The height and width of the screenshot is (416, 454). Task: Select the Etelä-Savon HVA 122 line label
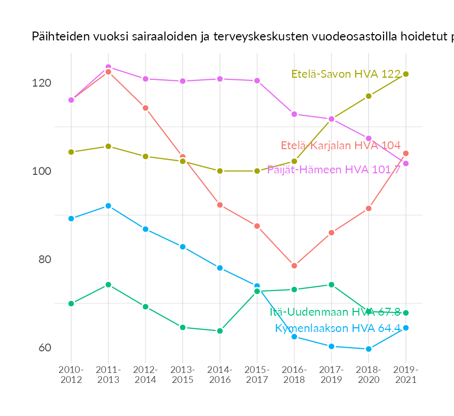(346, 74)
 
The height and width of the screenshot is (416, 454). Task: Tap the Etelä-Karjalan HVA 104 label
(340, 145)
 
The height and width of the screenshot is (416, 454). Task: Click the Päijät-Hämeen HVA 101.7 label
(334, 170)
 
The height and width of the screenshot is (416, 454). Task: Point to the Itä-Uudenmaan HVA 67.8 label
(335, 312)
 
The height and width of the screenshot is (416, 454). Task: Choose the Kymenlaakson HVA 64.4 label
(338, 328)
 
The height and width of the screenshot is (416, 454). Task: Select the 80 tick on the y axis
(45, 259)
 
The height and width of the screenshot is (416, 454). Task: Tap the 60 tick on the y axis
(45, 348)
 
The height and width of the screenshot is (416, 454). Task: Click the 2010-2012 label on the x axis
(71, 375)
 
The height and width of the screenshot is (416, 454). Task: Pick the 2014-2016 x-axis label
(220, 375)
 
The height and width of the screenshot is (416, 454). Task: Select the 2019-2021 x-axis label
(406, 375)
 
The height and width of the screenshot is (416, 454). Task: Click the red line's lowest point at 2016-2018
(294, 266)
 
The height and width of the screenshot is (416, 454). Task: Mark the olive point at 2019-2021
(406, 74)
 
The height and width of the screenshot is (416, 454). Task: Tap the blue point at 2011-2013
(108, 206)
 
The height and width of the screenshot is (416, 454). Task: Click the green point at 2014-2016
(220, 331)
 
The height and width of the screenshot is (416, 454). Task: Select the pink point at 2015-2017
(257, 81)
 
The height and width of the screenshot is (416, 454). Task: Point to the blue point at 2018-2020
(368, 349)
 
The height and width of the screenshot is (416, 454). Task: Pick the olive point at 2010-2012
(71, 152)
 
